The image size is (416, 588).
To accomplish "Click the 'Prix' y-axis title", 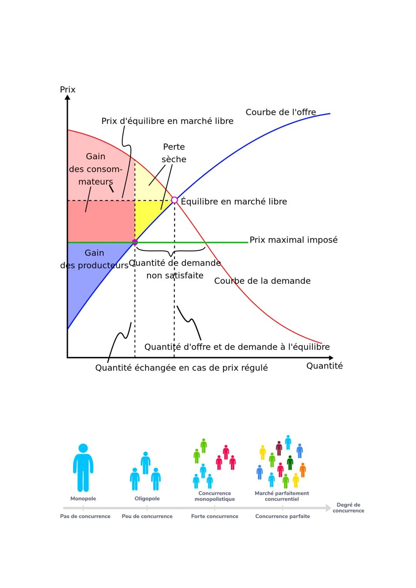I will click(67, 89).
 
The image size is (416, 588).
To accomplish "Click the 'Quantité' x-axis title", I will click(324, 366).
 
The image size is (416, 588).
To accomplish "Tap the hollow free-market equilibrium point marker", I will click(174, 200).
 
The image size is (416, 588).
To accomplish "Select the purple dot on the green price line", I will click(135, 242).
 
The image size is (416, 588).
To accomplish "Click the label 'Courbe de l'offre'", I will click(280, 112).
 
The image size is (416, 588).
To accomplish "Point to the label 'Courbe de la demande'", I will click(262, 281).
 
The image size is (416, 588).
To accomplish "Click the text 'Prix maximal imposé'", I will click(293, 240).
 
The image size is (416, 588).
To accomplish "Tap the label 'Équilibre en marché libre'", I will click(234, 201).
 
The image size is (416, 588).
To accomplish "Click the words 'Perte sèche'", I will click(174, 153).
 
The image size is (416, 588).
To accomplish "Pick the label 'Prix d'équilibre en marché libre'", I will click(167, 121).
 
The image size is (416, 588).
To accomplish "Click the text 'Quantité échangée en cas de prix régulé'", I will click(181, 367).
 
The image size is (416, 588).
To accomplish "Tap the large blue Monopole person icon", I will click(83, 467).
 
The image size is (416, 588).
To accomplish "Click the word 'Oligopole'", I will click(147, 499).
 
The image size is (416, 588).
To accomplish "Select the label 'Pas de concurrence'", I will click(85, 516).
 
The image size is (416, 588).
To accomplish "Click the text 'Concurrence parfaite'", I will click(282, 516).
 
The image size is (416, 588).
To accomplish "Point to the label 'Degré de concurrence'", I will click(348, 507).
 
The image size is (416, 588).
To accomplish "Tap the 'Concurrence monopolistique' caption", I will click(215, 496).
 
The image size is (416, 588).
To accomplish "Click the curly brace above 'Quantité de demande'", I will click(171, 251).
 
